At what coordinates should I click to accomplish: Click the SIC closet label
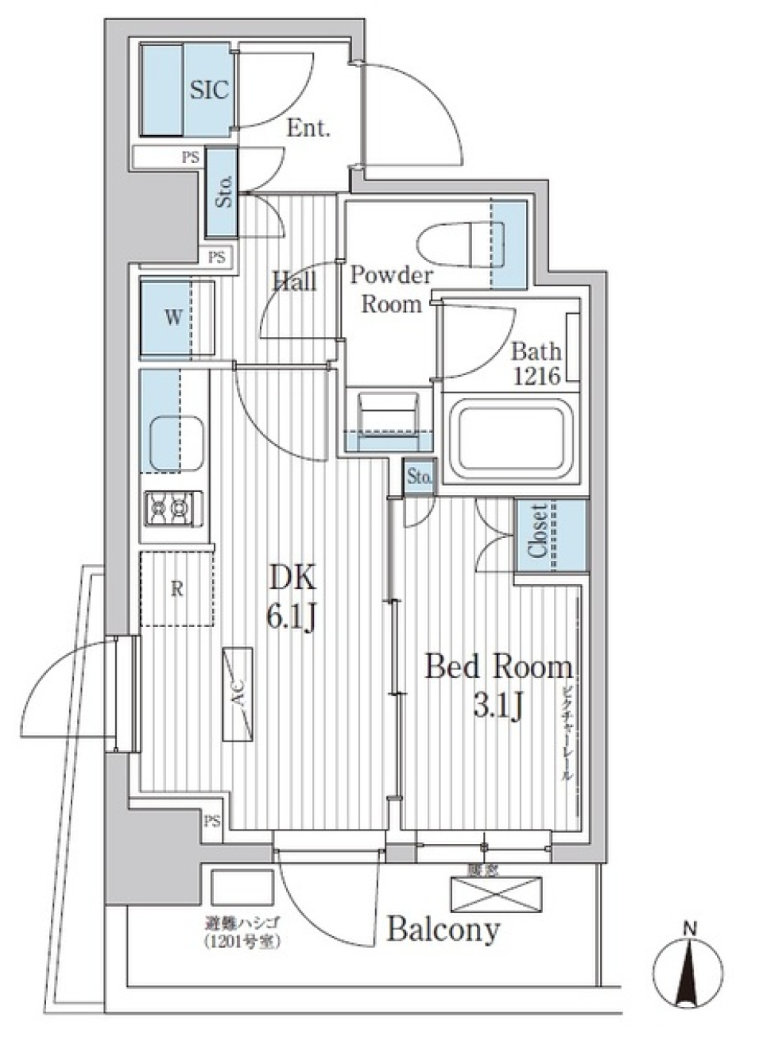pos(209,90)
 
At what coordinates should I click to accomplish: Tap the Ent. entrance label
pos(308,128)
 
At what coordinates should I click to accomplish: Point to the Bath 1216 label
pos(536,363)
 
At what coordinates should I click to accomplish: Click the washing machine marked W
pos(173,318)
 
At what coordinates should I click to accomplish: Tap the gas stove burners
pos(173,506)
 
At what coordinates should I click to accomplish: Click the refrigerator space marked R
pos(176,589)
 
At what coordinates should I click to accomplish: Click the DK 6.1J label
pos(292,597)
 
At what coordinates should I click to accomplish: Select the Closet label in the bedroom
pos(538,531)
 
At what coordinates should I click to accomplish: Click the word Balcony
pos(443,928)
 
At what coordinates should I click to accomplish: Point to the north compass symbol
pos(688,971)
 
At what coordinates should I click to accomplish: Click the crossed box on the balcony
pos(495,894)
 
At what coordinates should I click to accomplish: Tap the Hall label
pos(294,281)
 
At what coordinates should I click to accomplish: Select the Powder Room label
pos(391,289)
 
